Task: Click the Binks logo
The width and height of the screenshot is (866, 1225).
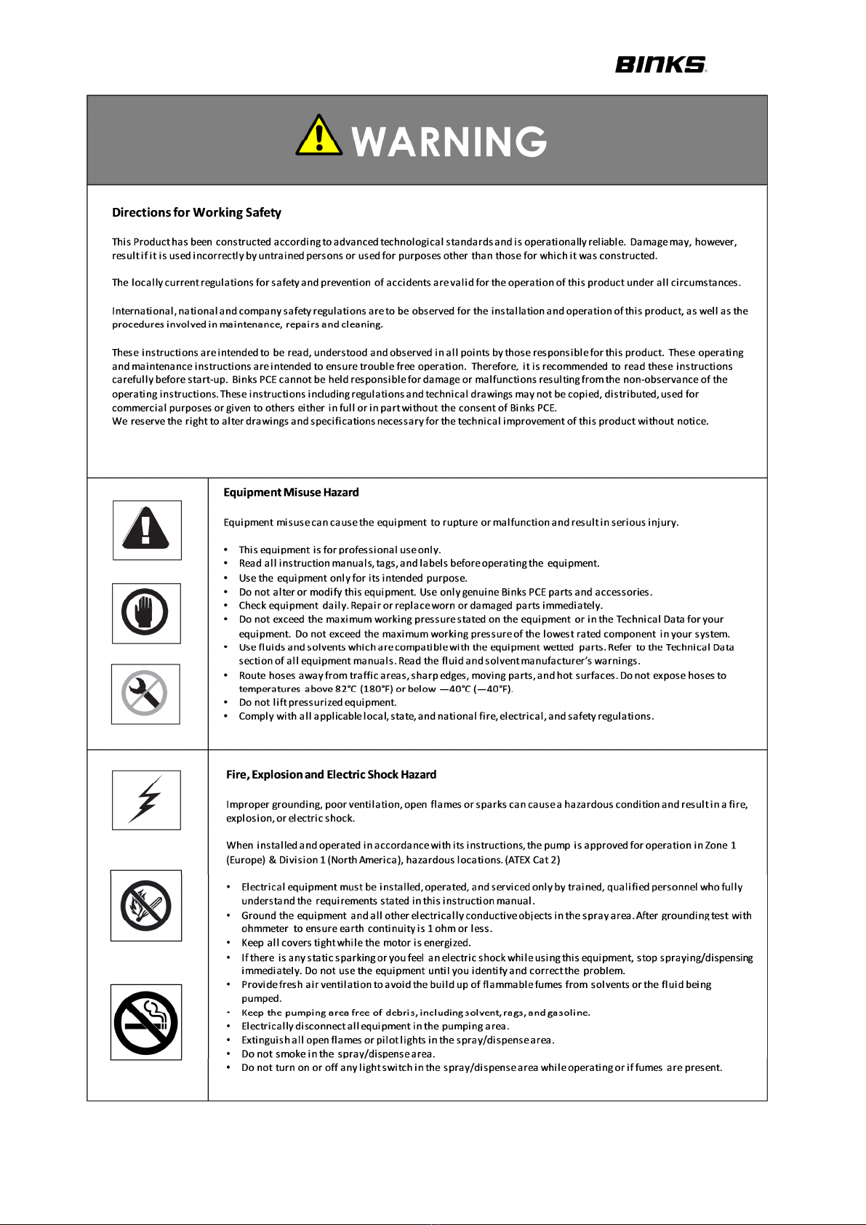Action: tap(661, 65)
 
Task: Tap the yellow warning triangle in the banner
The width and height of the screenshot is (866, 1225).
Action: tap(318, 137)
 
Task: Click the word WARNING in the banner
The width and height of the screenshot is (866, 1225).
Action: tap(449, 142)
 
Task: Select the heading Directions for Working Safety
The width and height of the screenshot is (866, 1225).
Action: tap(196, 212)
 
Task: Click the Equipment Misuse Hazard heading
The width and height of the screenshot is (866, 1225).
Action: tap(291, 492)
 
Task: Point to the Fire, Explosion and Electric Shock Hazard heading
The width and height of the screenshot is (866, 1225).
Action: tap(331, 774)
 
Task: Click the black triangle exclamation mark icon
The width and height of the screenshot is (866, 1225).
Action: tap(146, 529)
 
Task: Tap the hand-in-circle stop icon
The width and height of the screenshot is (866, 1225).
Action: tap(145, 613)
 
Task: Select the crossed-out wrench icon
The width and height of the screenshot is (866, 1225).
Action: tap(145, 694)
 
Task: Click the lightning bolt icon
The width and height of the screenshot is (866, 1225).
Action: tap(146, 799)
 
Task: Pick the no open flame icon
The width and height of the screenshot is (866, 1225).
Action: tap(145, 905)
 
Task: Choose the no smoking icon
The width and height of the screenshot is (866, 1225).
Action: tap(145, 1021)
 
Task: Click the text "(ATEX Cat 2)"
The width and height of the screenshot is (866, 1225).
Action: tap(532, 859)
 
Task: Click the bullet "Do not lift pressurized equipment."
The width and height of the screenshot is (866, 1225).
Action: tap(318, 702)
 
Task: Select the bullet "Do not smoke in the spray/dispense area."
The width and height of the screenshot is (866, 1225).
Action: tap(338, 1053)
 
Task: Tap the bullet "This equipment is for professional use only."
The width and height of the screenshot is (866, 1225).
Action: tap(340, 550)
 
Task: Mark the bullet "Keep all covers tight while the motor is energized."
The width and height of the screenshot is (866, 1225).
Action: tap(356, 943)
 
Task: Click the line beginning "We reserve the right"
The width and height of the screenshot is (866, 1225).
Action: tap(410, 421)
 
